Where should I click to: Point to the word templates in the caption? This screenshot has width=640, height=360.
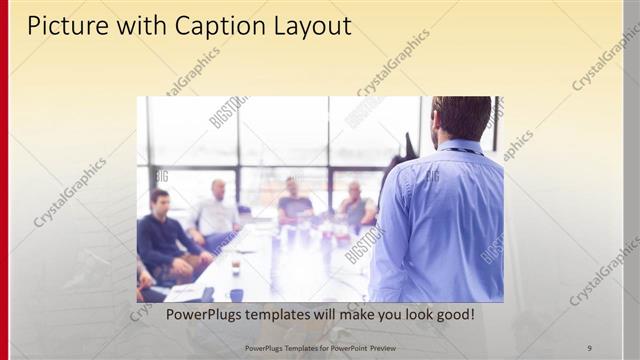coord(293,315)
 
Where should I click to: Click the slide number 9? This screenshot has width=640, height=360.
coord(589,347)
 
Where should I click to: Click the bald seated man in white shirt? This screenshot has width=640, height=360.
coord(216,210)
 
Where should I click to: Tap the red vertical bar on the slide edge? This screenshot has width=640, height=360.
coord(4,180)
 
